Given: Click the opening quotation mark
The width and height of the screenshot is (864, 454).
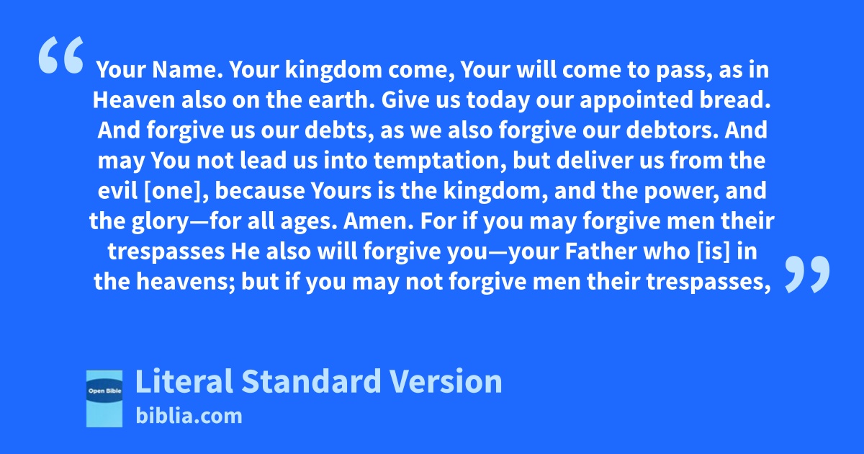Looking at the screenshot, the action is pos(61,55).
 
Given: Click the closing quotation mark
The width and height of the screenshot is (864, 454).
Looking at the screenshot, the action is pos(807,274).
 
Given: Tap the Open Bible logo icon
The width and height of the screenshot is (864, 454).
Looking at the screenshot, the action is pos(104,399).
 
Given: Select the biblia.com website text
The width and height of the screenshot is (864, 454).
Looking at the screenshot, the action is pos(189,417).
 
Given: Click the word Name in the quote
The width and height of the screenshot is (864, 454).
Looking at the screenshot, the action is pos(187,70).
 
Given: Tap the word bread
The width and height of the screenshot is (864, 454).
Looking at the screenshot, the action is pos(735,100).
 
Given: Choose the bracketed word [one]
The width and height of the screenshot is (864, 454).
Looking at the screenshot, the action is pos(176,191).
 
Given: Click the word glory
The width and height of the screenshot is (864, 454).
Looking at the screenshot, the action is pos(160,222).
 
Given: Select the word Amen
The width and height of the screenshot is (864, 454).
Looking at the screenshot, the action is pos(379,221).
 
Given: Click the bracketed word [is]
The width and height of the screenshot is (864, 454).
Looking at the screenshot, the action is pos(714,252).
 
